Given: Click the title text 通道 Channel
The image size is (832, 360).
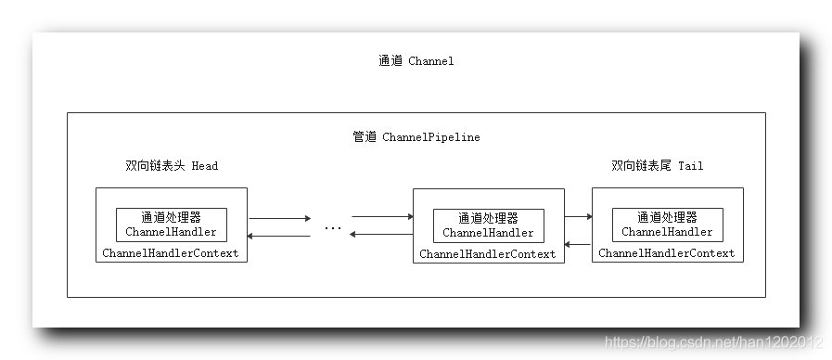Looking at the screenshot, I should coord(416,61).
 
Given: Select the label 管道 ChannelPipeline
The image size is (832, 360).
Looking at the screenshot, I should coord(416,136).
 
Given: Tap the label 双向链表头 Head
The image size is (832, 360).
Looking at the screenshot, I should coord(172,166).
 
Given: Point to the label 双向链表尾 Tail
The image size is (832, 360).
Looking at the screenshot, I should coord(657,166).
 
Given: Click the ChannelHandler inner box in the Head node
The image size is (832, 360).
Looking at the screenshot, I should coord(172,225).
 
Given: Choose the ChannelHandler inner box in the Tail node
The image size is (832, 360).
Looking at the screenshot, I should coord(667,225).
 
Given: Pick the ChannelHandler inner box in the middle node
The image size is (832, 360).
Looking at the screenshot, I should coord(488,225).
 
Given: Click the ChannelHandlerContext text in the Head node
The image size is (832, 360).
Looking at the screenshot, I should coord(171,252).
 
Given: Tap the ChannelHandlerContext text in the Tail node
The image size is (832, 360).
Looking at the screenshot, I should coord(666,252).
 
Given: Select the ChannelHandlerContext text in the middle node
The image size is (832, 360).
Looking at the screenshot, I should coord(487,253).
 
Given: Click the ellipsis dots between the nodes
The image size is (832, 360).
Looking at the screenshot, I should coord(332,226).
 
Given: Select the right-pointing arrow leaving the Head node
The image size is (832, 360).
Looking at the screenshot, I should coord(279,219).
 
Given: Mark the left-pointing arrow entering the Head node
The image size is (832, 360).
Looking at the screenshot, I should coord(279,236).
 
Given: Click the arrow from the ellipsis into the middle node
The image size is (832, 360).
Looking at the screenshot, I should coord(382,217).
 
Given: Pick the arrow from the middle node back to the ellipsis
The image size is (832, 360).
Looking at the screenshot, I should coord(382,234).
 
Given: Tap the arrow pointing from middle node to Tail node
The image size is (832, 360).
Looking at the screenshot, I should coord(578,217).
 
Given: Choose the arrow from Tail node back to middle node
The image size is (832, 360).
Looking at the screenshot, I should coord(578,244).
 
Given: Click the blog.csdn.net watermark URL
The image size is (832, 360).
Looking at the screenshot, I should coord(713,342).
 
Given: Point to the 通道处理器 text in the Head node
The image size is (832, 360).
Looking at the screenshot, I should coord(172,217).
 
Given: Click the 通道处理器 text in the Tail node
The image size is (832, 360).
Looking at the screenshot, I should coord(667,217).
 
